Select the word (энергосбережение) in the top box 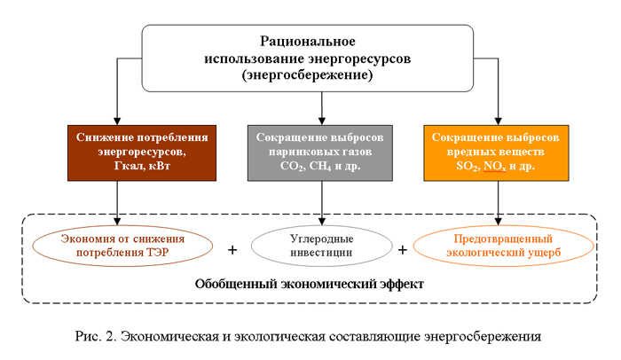click(x=320, y=76)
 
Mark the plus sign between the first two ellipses click(x=233, y=249)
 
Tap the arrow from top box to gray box click(x=320, y=106)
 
